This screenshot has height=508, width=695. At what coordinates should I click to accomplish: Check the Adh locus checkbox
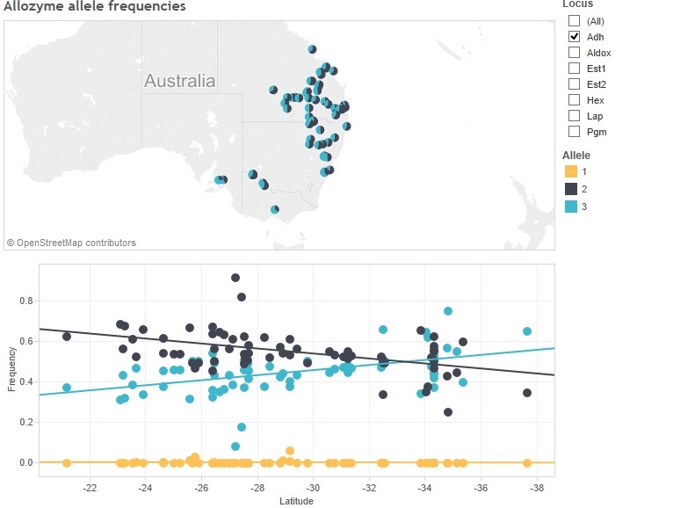pos(575,37)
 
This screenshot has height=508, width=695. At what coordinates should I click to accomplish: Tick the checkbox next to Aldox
pos(575,53)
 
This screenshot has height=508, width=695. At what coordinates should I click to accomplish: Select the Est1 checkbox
pos(575,69)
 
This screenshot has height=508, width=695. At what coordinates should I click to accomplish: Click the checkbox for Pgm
pos(575,132)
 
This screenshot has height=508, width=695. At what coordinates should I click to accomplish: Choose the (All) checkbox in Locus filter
pos(575,21)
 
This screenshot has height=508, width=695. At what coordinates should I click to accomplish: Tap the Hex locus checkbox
pos(575,100)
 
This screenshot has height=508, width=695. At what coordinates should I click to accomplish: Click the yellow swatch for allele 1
pos(570,171)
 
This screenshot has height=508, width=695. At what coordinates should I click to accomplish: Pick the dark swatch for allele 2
pos(570,189)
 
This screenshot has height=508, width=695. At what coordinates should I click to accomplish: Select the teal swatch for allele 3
pos(570,207)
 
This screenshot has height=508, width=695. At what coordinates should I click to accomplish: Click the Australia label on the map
pos(179,82)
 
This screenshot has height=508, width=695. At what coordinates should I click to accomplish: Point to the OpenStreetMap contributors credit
pos(72,243)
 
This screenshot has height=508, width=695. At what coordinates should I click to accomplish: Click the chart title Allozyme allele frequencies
pos(95,7)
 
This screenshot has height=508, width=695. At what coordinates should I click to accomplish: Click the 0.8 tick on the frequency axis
pos(26,301)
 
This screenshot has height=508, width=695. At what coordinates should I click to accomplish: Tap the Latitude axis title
pos(296,501)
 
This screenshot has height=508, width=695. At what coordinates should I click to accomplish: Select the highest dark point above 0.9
pos(235,278)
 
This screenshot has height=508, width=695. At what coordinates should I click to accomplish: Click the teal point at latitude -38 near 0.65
pos(527,331)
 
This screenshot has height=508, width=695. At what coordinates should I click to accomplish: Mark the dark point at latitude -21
pos(67,337)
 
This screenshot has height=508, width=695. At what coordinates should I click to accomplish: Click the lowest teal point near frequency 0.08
pos(235,446)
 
